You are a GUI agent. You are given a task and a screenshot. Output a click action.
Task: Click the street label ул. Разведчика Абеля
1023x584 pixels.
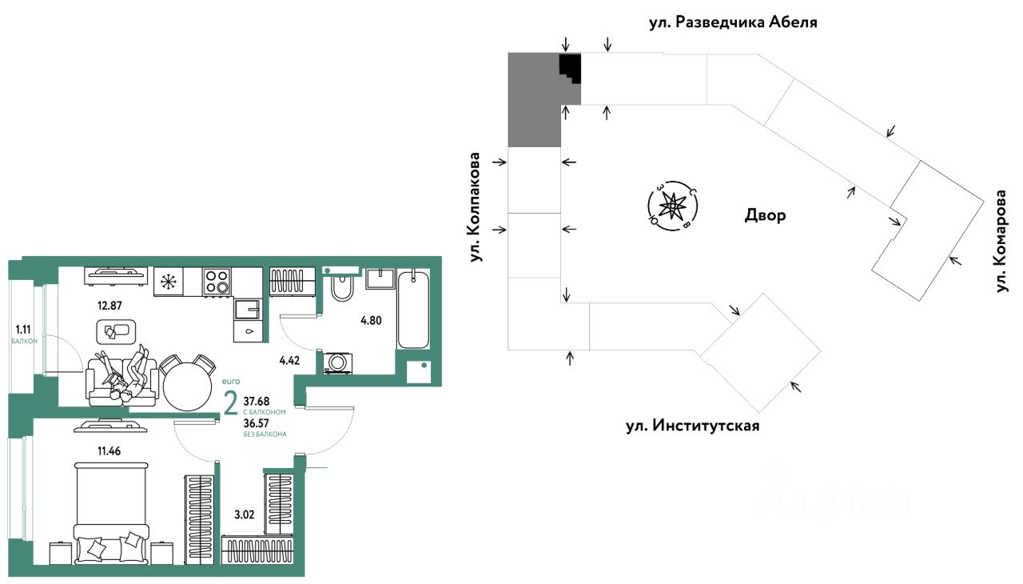[734, 22]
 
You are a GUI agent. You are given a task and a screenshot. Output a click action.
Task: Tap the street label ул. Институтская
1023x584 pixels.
[692, 426]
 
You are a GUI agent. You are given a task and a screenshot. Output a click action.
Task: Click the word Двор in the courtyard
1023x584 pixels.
[765, 215]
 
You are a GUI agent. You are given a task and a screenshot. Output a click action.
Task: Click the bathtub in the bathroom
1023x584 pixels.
[413, 310]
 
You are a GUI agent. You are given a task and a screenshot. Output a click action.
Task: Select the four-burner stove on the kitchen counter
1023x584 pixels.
[217, 281]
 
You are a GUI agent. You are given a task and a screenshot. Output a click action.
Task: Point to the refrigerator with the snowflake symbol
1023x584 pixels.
[168, 281]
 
